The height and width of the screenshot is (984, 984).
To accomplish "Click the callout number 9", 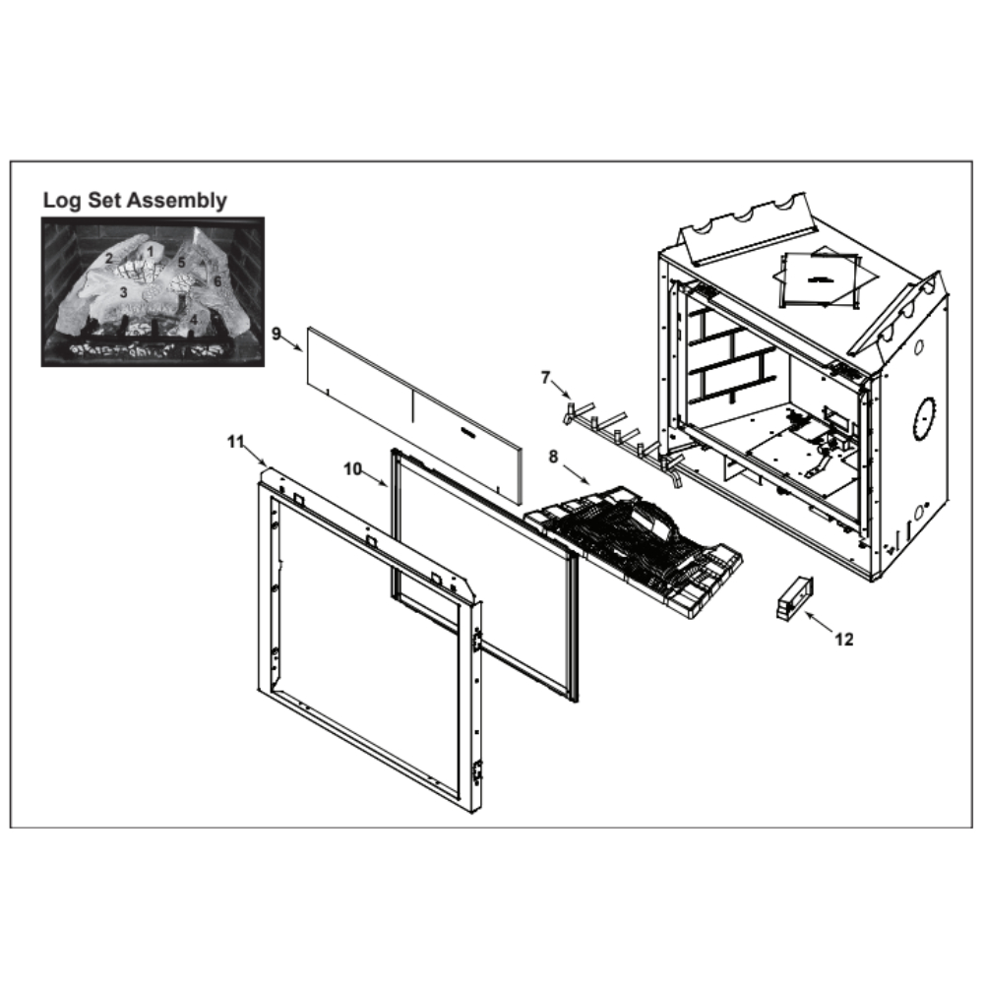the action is click(x=277, y=334).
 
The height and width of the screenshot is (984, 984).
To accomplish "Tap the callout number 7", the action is click(x=545, y=378).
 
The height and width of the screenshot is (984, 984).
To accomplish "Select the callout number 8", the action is click(x=553, y=457).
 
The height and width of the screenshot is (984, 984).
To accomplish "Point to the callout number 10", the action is click(x=352, y=468).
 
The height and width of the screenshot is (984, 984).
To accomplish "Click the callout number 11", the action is click(x=235, y=442).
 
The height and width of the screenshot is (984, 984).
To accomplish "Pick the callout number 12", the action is click(x=844, y=639).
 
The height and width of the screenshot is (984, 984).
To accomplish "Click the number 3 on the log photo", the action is click(x=124, y=292).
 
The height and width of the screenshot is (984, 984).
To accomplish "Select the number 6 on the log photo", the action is click(x=217, y=281).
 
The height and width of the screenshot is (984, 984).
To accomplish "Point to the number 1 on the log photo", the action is click(x=150, y=251).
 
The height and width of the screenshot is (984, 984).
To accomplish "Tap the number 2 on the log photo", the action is click(x=109, y=258).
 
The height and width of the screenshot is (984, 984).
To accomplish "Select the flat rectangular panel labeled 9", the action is click(x=414, y=414).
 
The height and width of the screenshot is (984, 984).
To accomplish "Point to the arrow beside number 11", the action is click(x=255, y=455).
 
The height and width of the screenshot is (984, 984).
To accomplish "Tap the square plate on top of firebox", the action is click(x=819, y=279).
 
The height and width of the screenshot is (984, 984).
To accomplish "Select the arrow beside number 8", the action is click(x=576, y=474).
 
